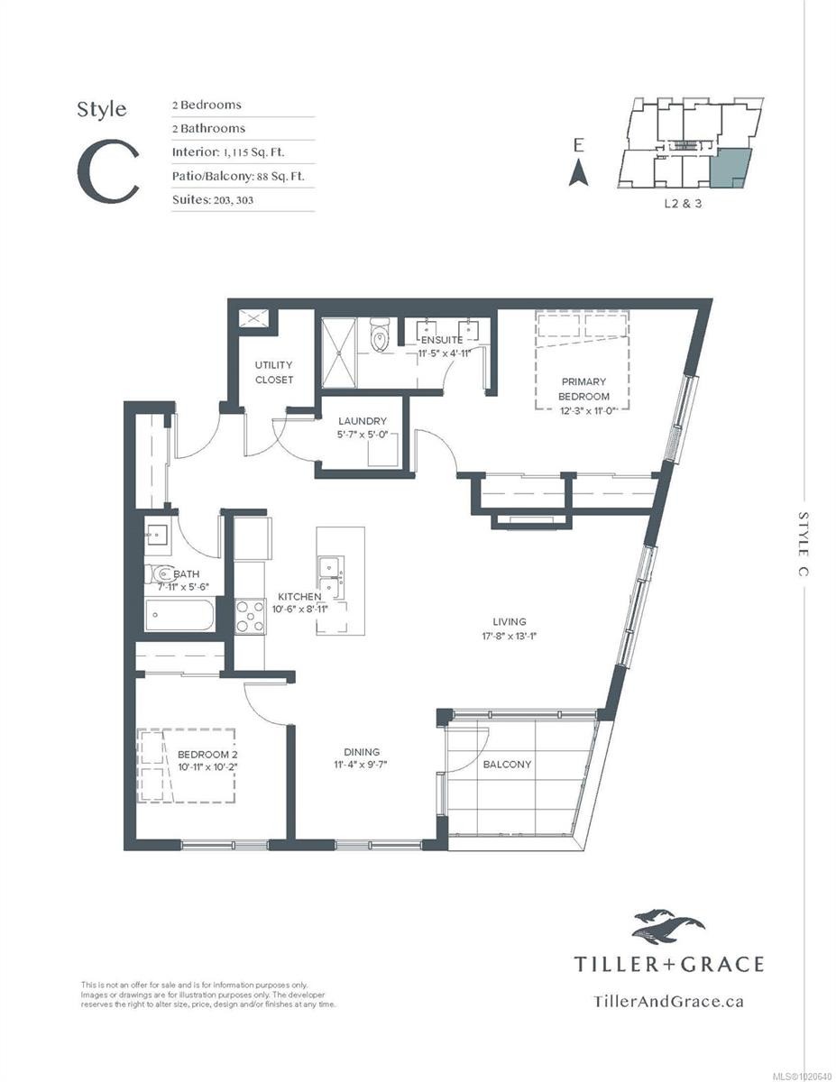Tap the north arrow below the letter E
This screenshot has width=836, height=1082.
[x=578, y=172]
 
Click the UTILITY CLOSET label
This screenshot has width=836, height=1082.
[x=273, y=372]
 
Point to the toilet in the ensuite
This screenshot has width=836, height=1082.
[x=381, y=338]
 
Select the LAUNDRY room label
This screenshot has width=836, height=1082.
[x=363, y=421]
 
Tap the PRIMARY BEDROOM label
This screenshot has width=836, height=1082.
[x=583, y=389]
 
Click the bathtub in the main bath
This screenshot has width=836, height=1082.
[x=179, y=618]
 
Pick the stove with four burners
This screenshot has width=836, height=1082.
[x=250, y=617]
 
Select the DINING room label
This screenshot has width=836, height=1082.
[x=361, y=751]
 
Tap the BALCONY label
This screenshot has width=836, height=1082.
[x=506, y=764]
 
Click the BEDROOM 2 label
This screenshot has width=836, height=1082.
[x=207, y=754]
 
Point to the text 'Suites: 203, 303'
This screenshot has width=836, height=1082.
[x=213, y=199]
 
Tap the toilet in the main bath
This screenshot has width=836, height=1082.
[x=162, y=573]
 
